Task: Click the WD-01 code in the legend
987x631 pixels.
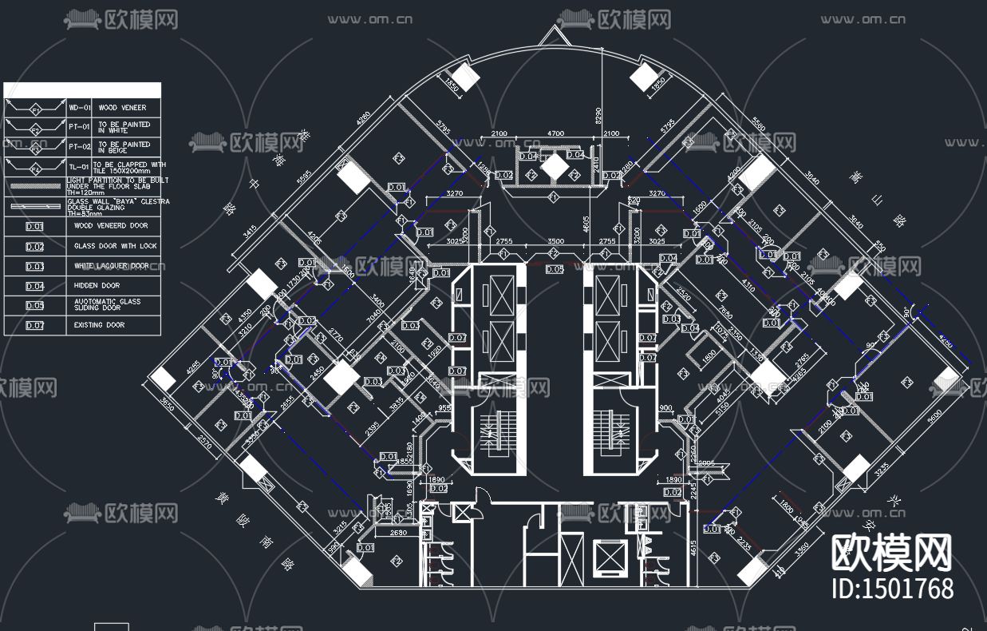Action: coord(78,107)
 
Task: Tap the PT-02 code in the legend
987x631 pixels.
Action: coord(78,147)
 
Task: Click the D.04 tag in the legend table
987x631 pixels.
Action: coord(34,286)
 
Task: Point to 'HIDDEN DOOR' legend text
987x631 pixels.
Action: coord(97,285)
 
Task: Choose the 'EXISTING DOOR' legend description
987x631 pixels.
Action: coord(99,325)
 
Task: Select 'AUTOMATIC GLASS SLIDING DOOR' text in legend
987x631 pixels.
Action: coord(107,304)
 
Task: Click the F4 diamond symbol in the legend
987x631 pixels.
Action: coord(34,169)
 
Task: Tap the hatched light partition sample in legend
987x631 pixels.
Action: coord(34,186)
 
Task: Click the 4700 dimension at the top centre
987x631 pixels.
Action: coord(555,133)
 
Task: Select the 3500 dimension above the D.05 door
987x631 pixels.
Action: coord(555,241)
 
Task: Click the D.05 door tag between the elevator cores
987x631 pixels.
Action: coord(555,269)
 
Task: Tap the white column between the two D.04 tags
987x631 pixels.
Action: coord(553,165)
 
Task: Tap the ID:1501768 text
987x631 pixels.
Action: coord(892,589)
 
